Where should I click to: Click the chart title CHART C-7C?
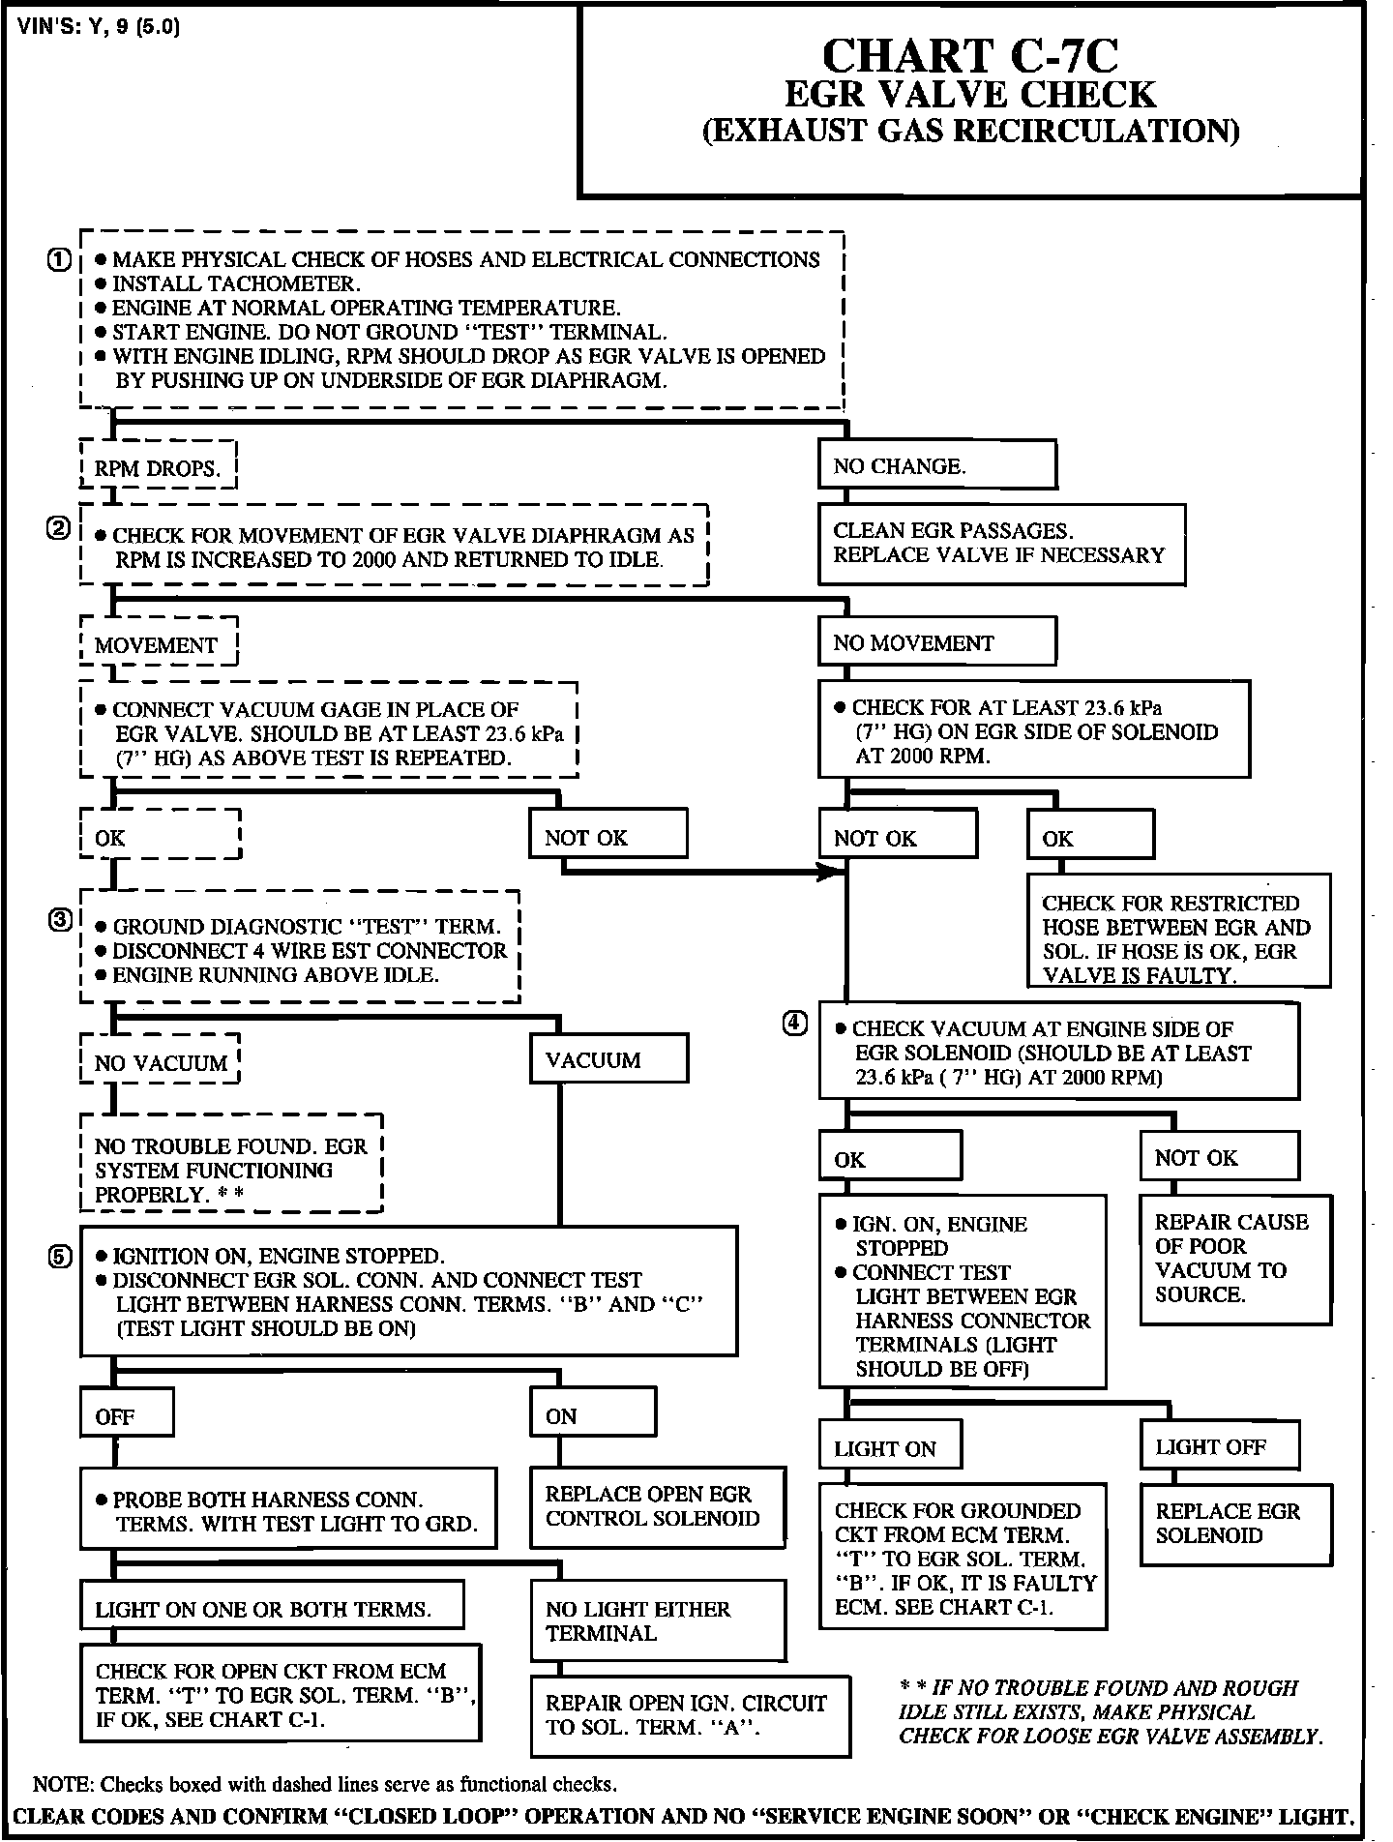[x=969, y=56]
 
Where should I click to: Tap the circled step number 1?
[x=59, y=259]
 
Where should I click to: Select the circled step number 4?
[x=794, y=1025]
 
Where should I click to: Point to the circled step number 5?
[x=59, y=1256]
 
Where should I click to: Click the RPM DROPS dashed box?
[x=158, y=468]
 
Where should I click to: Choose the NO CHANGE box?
[x=936, y=466]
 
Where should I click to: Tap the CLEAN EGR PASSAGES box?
[x=1001, y=544]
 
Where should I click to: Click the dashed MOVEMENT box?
[x=158, y=644]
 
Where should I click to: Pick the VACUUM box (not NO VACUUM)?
[x=608, y=1060]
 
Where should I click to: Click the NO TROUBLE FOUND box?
[x=231, y=1170]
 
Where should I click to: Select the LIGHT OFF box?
[x=1219, y=1447]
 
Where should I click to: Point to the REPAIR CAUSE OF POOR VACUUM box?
[x=1234, y=1260]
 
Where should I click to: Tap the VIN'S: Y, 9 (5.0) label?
[x=99, y=26]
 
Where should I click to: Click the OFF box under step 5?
[x=127, y=1417]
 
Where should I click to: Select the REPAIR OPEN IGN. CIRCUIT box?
[x=691, y=1715]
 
